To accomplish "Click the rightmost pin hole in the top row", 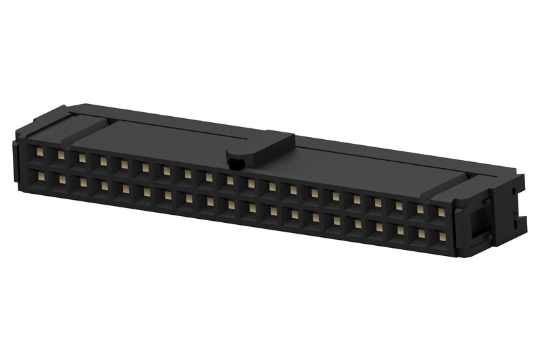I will (x=441, y=212).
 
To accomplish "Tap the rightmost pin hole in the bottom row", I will (x=443, y=237).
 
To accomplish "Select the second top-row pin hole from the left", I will (x=61, y=155).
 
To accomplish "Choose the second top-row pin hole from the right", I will (x=419, y=209).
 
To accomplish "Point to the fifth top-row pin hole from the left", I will (x=124, y=164).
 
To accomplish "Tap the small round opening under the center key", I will (x=236, y=162).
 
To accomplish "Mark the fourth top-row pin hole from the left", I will (x=103, y=161).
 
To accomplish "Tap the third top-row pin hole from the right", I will (x=398, y=205).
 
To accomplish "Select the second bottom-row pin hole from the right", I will (x=421, y=234).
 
